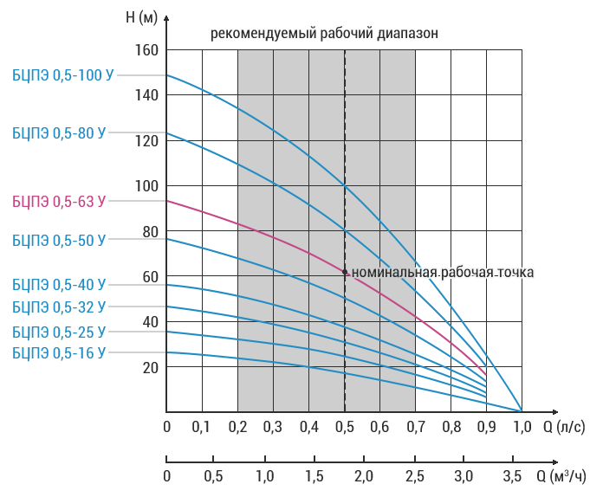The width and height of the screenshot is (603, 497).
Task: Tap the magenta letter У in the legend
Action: click(100, 201)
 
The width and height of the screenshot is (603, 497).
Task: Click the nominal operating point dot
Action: click(345, 273)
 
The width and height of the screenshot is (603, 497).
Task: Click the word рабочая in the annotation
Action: click(464, 273)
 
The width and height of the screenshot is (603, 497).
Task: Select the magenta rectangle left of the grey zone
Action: click(201, 287)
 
